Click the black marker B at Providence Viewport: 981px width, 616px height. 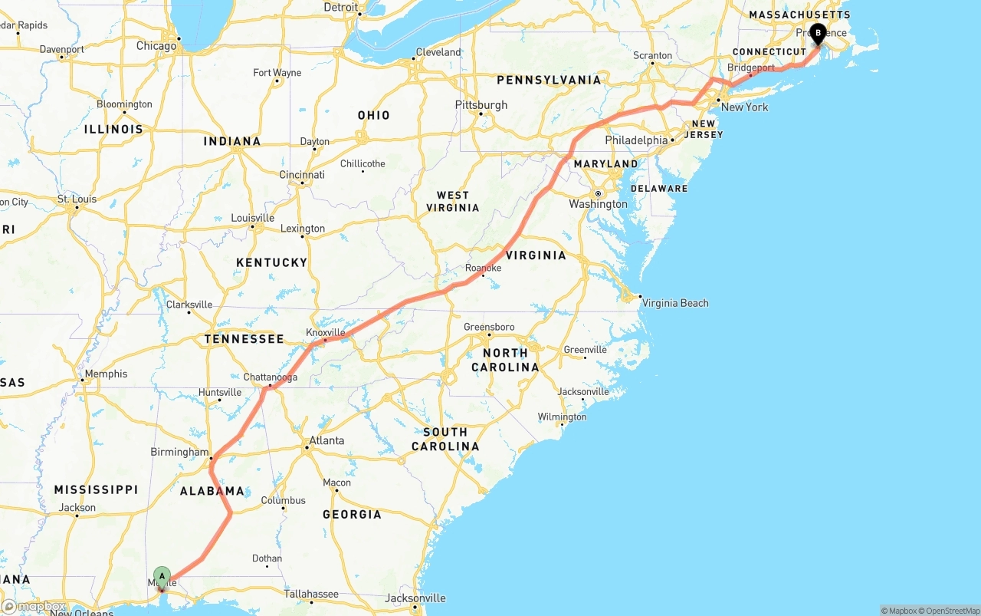click(818, 33)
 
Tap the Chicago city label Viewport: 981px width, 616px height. click(156, 46)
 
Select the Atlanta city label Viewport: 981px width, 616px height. click(326, 441)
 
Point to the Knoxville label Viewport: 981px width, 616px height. click(326, 332)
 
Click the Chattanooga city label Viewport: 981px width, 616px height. click(270, 377)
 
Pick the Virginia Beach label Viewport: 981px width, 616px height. click(675, 303)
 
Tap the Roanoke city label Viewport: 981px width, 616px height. click(483, 268)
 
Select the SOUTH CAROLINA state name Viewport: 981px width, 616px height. click(445, 439)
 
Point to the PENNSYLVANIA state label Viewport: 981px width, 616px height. click(549, 80)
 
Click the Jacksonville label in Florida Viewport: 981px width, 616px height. click(416, 598)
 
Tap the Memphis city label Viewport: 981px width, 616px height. click(107, 374)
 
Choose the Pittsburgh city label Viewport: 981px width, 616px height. click(481, 104)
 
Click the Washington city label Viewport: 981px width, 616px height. click(598, 204)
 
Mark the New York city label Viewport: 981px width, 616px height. click(744, 107)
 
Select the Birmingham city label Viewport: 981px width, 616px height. click(179, 452)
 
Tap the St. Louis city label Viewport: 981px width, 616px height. click(77, 199)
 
